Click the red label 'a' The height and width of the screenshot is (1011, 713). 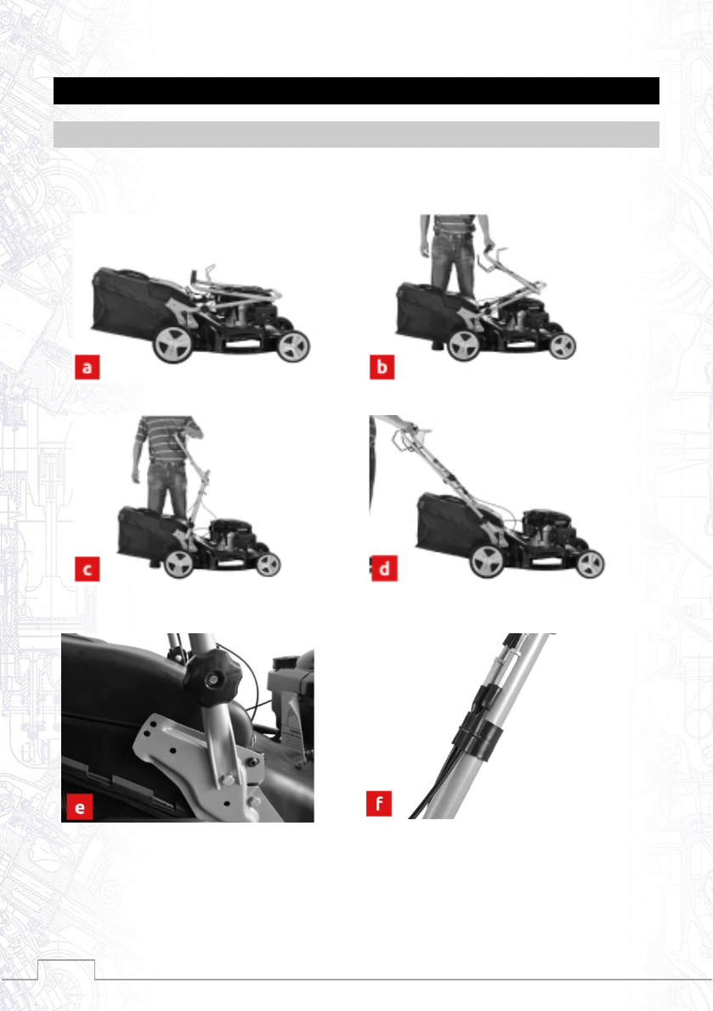88,367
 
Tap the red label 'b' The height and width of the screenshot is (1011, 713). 382,367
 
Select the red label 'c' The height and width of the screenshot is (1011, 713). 88,570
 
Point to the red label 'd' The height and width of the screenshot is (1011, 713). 384,569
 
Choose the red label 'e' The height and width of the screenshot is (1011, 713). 79,806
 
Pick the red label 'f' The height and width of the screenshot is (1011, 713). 379,803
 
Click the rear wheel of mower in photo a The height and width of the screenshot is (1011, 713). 173,344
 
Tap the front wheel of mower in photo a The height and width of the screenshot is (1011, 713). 293,346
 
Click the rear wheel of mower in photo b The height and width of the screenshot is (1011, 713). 463,345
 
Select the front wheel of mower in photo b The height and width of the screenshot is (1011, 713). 563,346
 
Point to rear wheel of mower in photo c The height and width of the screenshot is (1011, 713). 178,564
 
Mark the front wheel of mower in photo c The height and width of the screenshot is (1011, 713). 268,564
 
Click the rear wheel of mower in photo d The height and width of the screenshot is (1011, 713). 486,561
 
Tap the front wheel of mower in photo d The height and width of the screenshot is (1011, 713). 590,564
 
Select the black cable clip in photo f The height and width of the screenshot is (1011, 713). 478,733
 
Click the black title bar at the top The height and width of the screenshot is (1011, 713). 356,91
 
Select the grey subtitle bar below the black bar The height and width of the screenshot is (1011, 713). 356,134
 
